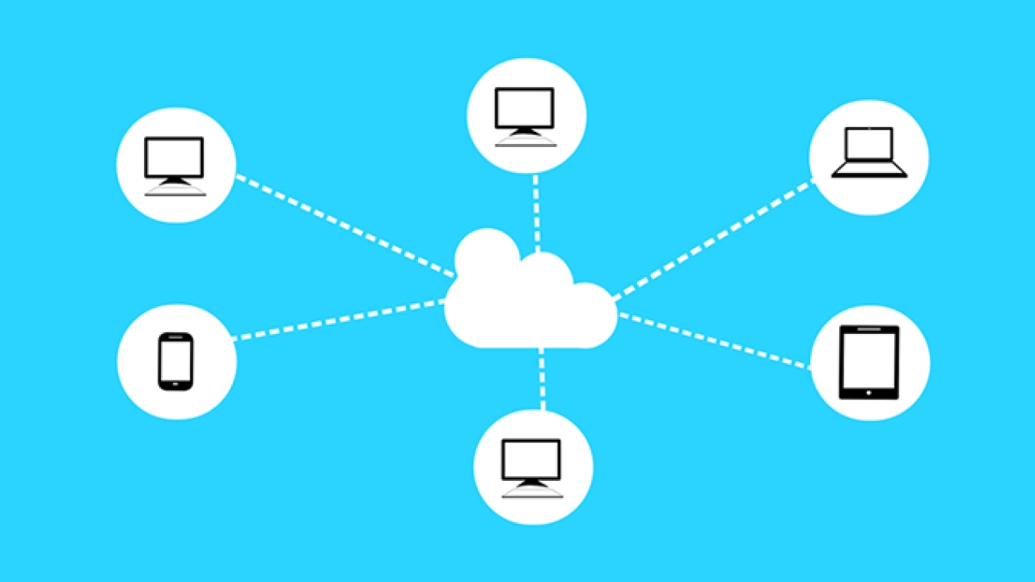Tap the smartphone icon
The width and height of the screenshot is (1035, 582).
[175, 361]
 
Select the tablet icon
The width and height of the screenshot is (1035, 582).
[869, 362]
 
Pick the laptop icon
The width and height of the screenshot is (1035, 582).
[869, 153]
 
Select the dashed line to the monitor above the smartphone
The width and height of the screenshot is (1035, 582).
[344, 225]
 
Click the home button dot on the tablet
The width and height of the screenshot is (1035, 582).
[869, 393]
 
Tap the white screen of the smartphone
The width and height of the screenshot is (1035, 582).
[175, 360]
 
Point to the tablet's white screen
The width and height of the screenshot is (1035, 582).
[869, 359]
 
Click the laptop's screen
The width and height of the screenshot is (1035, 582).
[869, 146]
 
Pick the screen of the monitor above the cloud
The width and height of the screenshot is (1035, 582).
[526, 107]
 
